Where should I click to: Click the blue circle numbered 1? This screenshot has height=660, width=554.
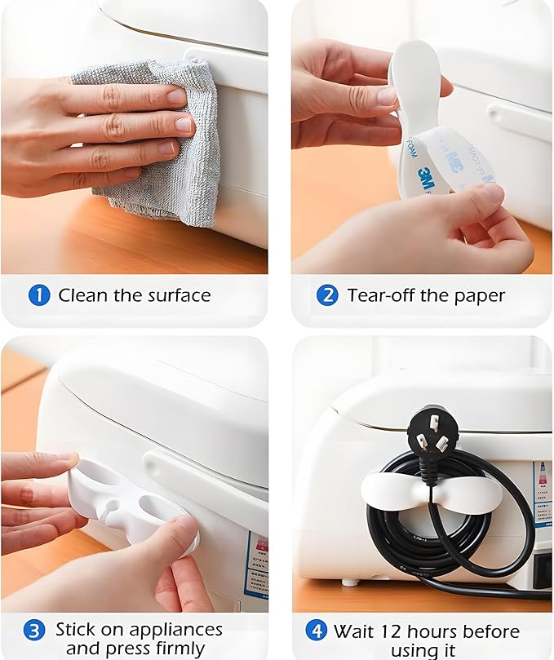(x=38, y=295)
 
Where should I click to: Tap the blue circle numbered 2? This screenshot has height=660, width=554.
(x=327, y=295)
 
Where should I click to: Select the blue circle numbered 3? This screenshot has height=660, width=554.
(x=33, y=631)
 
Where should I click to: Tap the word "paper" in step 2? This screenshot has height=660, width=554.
(x=479, y=295)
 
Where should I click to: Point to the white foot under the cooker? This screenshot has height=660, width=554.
(x=349, y=582)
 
